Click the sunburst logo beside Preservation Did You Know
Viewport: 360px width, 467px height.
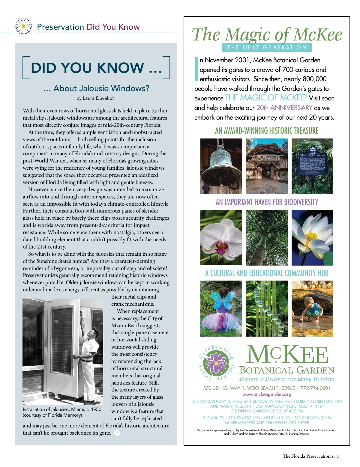click(x=23, y=26)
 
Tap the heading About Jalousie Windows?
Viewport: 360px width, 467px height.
click(x=96, y=88)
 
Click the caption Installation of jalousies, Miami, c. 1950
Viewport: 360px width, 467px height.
click(x=62, y=409)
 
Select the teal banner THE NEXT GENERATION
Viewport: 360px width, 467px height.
click(x=267, y=47)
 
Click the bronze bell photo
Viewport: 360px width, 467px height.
click(x=221, y=166)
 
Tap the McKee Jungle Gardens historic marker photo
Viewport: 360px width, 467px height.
click(x=312, y=166)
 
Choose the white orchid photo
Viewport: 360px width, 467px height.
click(x=221, y=237)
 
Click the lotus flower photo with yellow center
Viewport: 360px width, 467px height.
click(x=312, y=237)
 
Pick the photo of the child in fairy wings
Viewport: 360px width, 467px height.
click(x=221, y=308)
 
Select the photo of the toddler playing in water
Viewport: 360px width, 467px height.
click(x=312, y=308)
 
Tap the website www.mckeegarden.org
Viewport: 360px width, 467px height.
click(x=267, y=394)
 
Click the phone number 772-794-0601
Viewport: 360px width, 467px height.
click(x=315, y=388)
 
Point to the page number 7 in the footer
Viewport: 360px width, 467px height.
click(x=338, y=456)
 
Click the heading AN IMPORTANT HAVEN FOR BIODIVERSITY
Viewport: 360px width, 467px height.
click(x=267, y=202)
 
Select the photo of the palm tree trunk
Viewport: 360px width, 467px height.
click(x=267, y=237)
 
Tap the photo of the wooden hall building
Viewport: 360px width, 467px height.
click(x=267, y=166)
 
